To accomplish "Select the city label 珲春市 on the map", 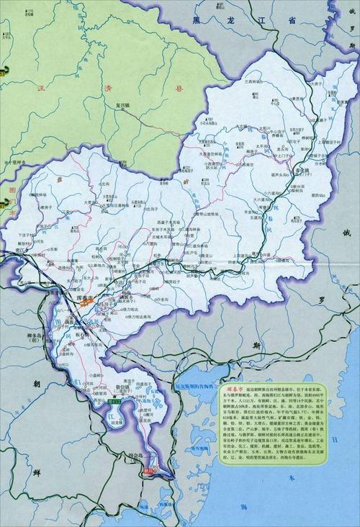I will pos(85,297).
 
